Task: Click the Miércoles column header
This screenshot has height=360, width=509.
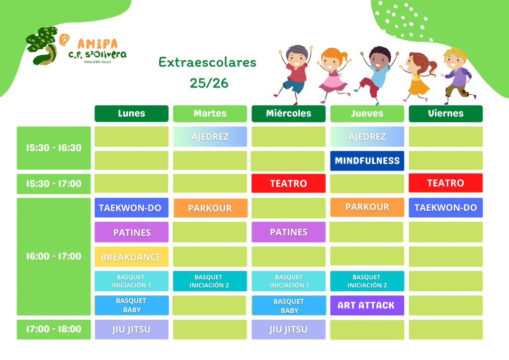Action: click(x=288, y=113)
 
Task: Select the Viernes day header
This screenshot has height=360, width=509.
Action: click(x=445, y=113)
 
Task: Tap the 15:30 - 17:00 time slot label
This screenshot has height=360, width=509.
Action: click(x=54, y=184)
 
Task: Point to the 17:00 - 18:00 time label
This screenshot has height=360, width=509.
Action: click(x=54, y=330)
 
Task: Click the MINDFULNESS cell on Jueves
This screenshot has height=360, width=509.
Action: click(x=367, y=161)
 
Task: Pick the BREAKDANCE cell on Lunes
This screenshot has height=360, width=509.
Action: click(x=131, y=257)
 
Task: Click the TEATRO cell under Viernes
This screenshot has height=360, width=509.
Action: click(x=445, y=183)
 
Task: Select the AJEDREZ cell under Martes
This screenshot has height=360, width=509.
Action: click(x=210, y=137)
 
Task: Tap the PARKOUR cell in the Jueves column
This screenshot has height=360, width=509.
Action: click(x=367, y=207)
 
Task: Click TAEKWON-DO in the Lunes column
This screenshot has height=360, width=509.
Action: click(x=131, y=208)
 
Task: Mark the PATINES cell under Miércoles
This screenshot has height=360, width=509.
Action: click(x=288, y=232)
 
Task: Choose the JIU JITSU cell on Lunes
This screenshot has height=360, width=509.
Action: click(x=131, y=330)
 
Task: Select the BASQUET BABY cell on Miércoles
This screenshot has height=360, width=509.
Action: click(x=289, y=305)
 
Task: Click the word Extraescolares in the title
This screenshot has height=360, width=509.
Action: click(x=207, y=62)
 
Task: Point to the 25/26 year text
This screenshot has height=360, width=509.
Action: click(x=209, y=83)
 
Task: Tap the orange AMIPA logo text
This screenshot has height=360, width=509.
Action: click(x=97, y=44)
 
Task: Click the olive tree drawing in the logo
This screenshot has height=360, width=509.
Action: click(x=42, y=46)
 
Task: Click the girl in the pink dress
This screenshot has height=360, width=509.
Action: click(x=334, y=75)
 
